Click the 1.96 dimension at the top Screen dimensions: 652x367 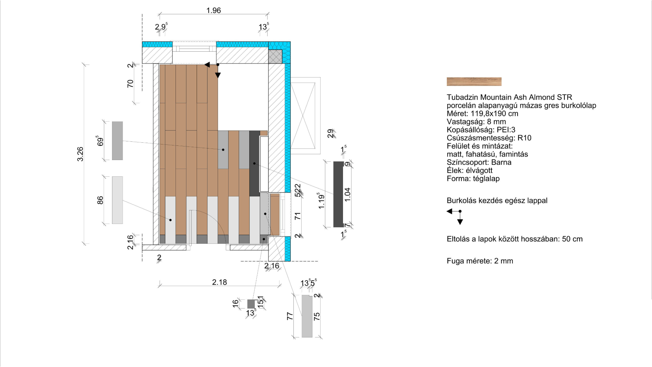tap(214, 11)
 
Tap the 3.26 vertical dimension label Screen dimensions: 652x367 tap(80, 154)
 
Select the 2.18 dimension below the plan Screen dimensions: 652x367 tap(219, 282)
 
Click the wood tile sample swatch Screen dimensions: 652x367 tap(474, 82)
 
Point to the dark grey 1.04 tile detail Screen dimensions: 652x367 tap(339, 194)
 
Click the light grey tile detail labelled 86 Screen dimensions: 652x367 tap(117, 200)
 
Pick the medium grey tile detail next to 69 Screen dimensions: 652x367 tap(117, 141)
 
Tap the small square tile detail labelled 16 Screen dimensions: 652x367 tap(251, 304)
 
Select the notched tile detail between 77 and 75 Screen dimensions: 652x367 tap(307, 316)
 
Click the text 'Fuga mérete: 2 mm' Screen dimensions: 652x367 tap(480, 261)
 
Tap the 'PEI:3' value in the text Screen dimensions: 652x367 tap(506, 130)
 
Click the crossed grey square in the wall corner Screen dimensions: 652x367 tap(275, 56)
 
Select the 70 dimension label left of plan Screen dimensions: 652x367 tap(130, 84)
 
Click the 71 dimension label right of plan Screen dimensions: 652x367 tap(298, 216)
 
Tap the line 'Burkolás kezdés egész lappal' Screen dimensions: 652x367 tap(497, 200)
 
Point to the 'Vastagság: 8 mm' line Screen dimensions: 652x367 tap(476, 122)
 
